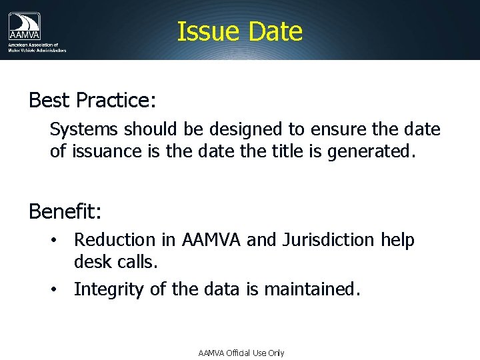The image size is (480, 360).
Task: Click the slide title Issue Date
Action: pos(239,31)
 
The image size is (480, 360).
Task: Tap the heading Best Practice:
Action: pos(92,100)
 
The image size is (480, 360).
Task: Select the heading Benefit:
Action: pos(65,212)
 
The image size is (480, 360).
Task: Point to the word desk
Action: pos(91,263)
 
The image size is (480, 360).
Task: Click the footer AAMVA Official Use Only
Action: pos(241,353)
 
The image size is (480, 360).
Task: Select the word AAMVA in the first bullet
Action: pos(213,240)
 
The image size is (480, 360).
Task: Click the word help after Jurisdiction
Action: pos(397,240)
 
